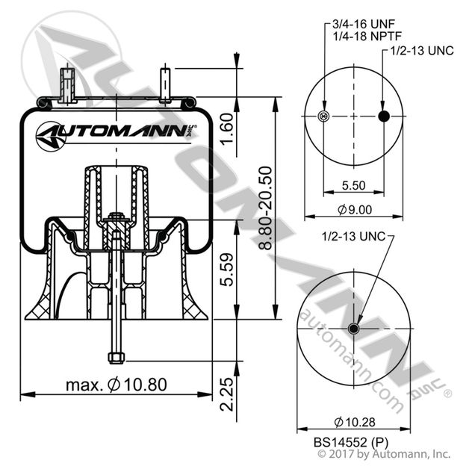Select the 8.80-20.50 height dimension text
coord(261,208)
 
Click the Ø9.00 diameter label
coord(353,211)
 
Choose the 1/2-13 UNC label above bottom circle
coord(353,236)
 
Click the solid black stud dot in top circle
coord(384,116)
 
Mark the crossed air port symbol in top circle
coord(323,116)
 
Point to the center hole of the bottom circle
coord(354,329)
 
